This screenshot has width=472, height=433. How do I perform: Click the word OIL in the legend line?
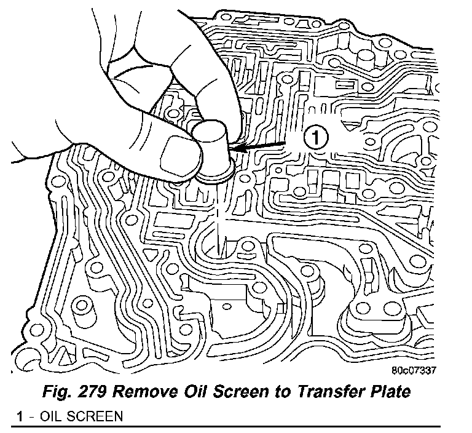coord(50,416)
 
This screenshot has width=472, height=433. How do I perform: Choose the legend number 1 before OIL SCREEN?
coord(20,416)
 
